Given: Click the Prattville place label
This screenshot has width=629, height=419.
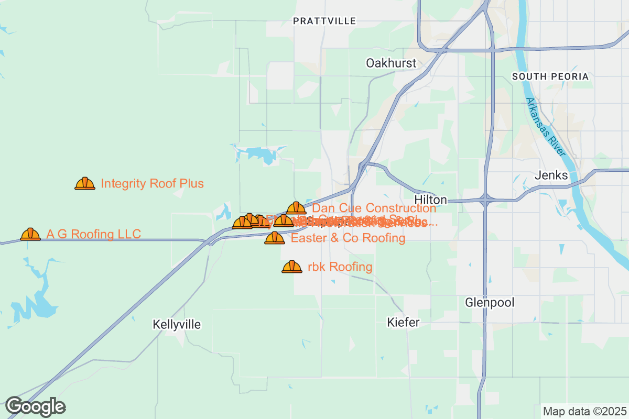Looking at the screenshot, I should click(x=324, y=21).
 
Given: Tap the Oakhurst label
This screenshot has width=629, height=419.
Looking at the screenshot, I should click(x=391, y=63).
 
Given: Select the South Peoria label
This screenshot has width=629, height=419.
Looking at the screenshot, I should click(x=550, y=76).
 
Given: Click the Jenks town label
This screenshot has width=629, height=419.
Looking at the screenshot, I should click(x=551, y=175).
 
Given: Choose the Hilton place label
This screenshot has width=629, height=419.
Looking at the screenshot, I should click(x=430, y=200).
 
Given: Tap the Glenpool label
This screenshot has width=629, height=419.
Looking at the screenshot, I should click(x=490, y=302).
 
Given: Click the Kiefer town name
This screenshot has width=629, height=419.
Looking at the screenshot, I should click(x=403, y=322).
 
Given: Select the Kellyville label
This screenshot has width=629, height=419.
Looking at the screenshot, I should click(x=177, y=324).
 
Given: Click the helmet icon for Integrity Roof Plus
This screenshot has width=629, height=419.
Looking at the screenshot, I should click(x=85, y=183).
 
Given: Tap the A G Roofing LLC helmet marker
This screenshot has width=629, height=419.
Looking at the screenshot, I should click(x=30, y=234).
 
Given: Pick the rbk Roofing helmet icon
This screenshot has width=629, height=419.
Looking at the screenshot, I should click(x=292, y=267).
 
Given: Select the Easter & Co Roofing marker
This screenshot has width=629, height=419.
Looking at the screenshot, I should click(x=275, y=238).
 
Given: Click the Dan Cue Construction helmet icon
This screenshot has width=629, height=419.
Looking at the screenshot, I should click(x=296, y=208).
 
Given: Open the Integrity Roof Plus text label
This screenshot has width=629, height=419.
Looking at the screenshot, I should click(x=152, y=184).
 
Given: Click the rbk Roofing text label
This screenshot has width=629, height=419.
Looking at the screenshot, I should click(x=340, y=267).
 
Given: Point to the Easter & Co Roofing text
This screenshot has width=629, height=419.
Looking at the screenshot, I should click(x=348, y=238).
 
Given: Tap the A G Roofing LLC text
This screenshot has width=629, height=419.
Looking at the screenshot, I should click(x=93, y=234).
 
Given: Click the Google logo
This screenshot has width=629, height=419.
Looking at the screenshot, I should click(x=36, y=406).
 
